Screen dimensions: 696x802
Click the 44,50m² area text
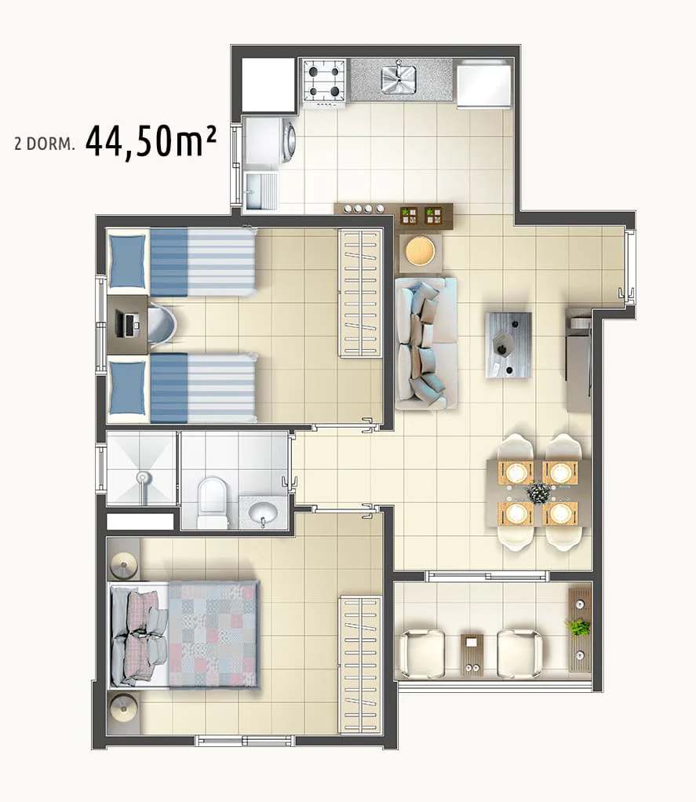151,142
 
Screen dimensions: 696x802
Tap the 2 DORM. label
45,144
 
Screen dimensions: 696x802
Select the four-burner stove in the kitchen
323,82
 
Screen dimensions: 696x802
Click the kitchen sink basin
399,80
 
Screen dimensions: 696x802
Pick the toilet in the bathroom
212,501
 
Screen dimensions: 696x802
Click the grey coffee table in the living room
508,345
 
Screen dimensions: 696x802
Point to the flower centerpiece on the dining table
538,493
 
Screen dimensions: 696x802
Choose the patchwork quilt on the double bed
213,634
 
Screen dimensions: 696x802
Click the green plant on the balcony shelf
578,628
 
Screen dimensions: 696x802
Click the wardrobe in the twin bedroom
360,293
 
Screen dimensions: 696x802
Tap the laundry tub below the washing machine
261,190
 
